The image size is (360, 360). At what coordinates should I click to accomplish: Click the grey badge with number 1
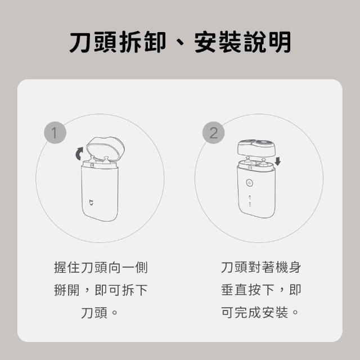[x=55, y=133]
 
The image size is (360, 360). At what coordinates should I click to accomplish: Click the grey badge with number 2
[x=214, y=133]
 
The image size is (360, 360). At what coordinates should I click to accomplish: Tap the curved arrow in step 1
[x=79, y=154]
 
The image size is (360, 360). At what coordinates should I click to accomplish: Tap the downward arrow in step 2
[x=278, y=161]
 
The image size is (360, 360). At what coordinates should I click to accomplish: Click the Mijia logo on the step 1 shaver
[x=91, y=202]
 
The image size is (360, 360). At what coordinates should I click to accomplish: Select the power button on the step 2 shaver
[x=249, y=183]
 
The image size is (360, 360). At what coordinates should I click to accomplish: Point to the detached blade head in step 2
[x=256, y=148]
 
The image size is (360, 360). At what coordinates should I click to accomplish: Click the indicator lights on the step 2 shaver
[x=250, y=201]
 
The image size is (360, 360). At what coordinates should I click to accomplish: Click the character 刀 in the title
[x=82, y=43]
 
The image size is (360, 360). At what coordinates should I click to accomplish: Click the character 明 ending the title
[x=280, y=43]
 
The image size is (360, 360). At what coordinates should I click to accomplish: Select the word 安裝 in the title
[x=218, y=43]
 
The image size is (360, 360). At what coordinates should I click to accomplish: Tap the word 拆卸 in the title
[x=143, y=43]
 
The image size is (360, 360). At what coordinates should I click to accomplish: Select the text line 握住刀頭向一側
[x=101, y=268]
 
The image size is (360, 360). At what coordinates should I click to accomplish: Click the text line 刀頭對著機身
[x=261, y=268]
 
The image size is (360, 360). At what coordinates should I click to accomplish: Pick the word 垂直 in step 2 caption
[x=234, y=290]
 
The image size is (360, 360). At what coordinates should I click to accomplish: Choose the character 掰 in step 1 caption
[x=60, y=290]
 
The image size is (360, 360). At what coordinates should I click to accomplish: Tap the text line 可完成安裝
[x=255, y=312]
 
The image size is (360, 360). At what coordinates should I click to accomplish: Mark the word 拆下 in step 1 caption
[x=135, y=290]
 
